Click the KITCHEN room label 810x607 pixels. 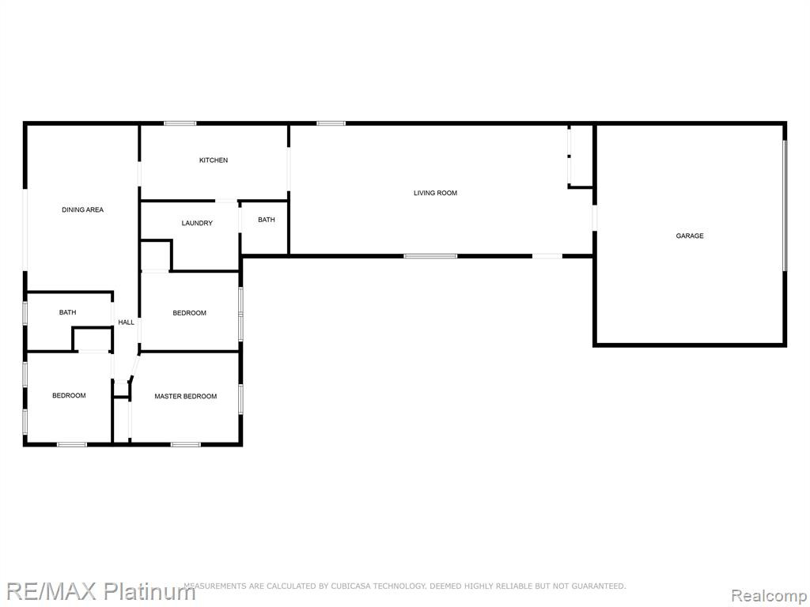point(214,160)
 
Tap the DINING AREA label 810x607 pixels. point(82,210)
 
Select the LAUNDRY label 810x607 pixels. point(197,224)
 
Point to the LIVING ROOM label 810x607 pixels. point(436,193)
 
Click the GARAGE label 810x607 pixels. point(690,236)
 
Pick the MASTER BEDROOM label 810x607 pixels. point(185,397)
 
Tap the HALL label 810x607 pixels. point(126,322)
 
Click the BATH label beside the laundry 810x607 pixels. point(267,220)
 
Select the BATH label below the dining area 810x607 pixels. point(68,312)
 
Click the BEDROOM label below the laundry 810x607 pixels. point(190,313)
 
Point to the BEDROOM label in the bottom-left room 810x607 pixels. point(70,396)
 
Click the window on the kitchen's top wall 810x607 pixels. point(180,123)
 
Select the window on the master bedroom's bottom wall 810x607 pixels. point(185,444)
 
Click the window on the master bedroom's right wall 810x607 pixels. point(240,399)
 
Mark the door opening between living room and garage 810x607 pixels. point(595,218)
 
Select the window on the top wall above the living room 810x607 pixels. point(331,123)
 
